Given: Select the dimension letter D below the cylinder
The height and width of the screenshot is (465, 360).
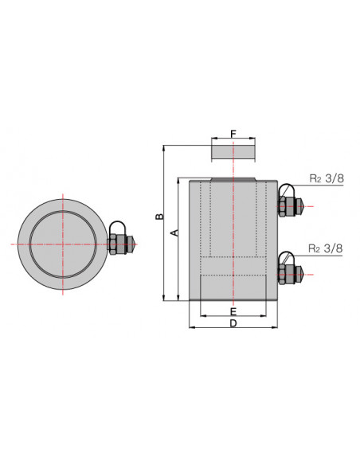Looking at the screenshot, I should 233,324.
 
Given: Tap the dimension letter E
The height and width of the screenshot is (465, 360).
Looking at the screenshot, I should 233,310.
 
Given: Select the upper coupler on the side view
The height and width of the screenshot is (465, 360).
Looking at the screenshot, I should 288,205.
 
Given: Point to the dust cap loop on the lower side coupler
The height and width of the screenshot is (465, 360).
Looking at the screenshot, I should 287,259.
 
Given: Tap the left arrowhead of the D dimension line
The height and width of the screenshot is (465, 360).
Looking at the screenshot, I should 190,326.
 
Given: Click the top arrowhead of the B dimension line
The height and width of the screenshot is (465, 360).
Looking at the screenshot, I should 163,148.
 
